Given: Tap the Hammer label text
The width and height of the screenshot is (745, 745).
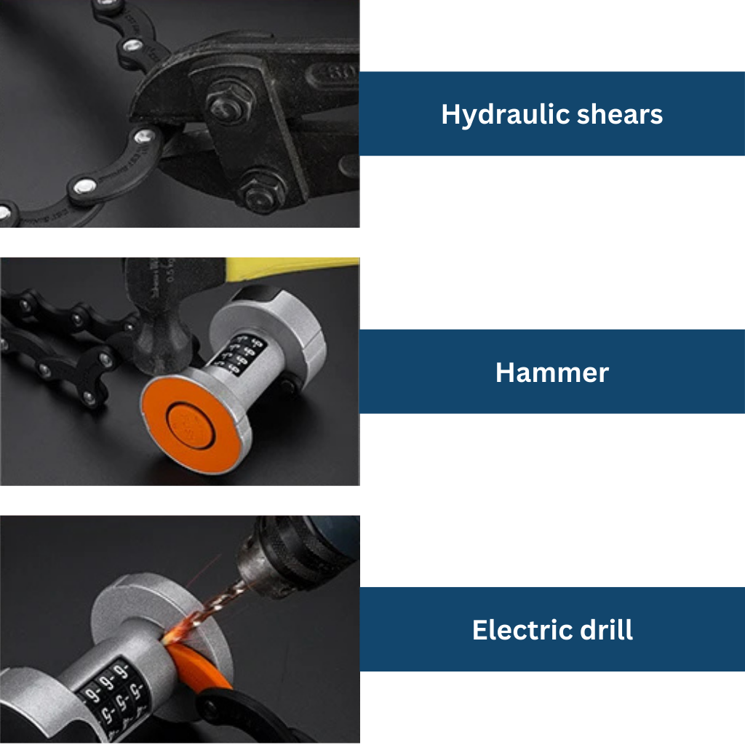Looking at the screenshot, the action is point(551,372).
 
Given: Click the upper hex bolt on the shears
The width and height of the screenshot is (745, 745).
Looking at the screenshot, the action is point(228,103).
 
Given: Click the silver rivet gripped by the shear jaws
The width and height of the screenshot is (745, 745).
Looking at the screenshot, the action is point(144,137).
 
